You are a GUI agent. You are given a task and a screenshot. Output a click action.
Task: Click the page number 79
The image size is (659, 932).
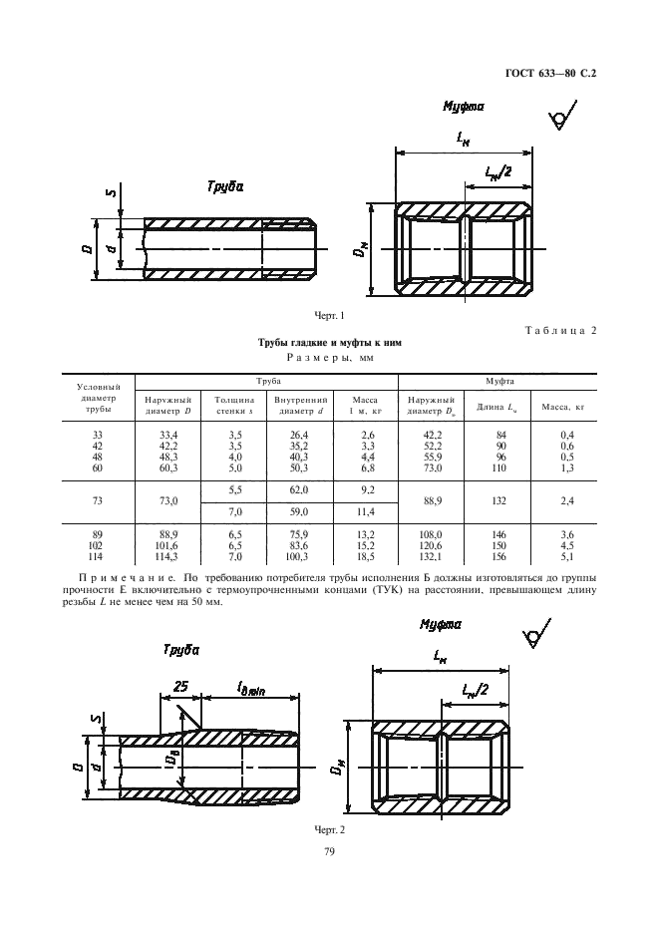pyautogui.click(x=329, y=852)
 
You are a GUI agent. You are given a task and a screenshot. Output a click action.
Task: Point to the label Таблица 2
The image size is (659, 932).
pyautogui.click(x=559, y=333)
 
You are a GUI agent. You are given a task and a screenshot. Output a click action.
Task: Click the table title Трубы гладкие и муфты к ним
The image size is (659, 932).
pyautogui.click(x=329, y=342)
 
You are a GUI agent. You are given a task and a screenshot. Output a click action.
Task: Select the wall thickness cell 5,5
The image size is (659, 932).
pyautogui.click(x=235, y=491)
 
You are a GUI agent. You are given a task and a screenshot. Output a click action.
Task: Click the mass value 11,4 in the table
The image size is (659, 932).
pyautogui.click(x=366, y=512)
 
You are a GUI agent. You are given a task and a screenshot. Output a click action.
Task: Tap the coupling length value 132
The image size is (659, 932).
pyautogui.click(x=496, y=501)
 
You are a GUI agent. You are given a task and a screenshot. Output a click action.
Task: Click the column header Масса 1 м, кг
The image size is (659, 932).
pyautogui.click(x=365, y=405)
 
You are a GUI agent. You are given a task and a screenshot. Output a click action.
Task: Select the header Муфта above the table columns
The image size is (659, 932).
pyautogui.click(x=498, y=382)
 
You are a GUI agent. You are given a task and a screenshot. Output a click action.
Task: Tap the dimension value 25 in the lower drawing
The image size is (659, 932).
pyautogui.click(x=181, y=687)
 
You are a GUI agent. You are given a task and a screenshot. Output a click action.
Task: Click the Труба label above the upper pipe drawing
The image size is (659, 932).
pyautogui.click(x=225, y=186)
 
